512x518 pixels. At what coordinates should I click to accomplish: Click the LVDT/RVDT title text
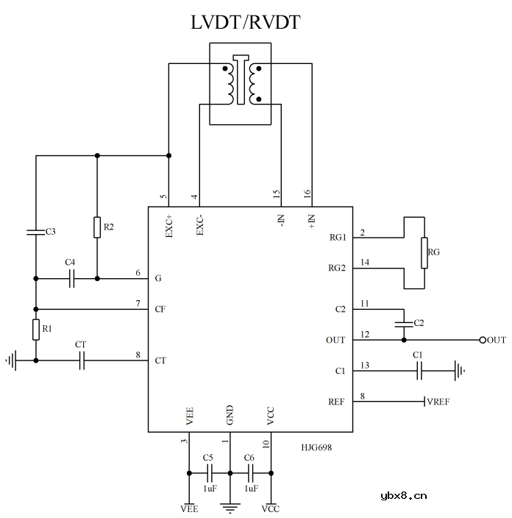tap(245, 22)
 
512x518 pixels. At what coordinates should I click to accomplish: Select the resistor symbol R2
tap(97, 227)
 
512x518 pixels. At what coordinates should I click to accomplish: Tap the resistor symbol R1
tap(35, 330)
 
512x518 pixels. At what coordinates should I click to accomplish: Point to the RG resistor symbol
tap(424, 252)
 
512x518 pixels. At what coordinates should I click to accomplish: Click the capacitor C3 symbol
tap(35, 232)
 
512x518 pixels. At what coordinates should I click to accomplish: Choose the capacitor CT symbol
tap(82, 361)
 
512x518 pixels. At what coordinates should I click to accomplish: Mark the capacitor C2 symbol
tap(403, 323)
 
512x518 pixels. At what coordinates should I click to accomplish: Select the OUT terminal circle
tap(483, 340)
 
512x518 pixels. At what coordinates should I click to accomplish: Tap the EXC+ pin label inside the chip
tap(169, 224)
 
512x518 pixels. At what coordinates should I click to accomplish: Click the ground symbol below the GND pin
tap(230, 506)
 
